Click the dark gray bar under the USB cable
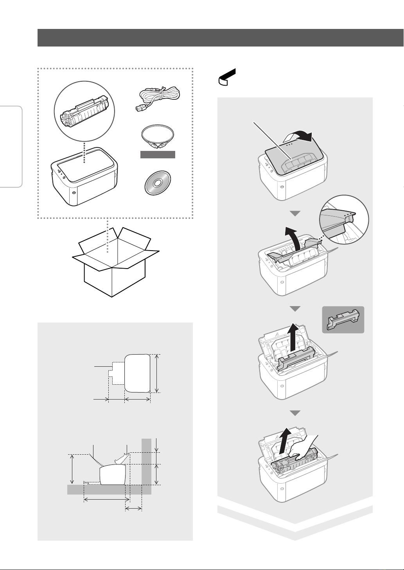pyautogui.click(x=158, y=155)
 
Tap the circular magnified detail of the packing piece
pyautogui.click(x=344, y=219)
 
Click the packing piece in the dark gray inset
pyautogui.click(x=343, y=319)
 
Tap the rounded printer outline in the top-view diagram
pyautogui.click(x=137, y=373)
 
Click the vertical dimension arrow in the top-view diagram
pyautogui.click(x=157, y=373)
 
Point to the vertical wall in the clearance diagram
pyautogui.click(x=146, y=465)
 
